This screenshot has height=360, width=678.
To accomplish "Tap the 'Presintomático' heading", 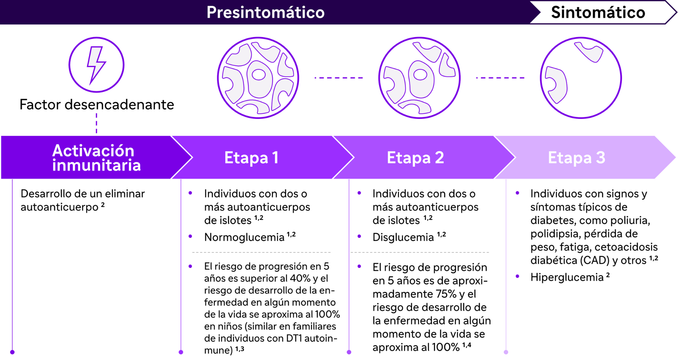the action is pos(266,13).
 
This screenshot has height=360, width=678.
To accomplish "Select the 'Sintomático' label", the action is pos(598,13).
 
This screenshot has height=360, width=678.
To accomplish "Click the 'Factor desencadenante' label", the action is pos(97,104).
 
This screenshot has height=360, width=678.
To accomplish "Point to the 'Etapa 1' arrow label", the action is pos(251,158).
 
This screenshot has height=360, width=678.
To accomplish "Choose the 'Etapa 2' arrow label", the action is pos(415,158).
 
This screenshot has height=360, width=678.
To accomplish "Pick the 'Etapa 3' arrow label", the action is pos(577,158).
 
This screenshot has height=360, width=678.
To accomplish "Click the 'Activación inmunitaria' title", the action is pos(96,158).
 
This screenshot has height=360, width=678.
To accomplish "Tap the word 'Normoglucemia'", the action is pos(244,237).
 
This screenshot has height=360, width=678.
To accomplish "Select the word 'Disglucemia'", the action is pos(403,237).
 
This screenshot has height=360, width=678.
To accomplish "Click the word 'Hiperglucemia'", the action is pos(567,278).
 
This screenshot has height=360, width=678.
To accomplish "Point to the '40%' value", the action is pos(300,279).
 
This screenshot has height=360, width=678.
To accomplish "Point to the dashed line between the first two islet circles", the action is pos(339,78).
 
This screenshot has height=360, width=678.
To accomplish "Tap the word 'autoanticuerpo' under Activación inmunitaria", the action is pos(60,207).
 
